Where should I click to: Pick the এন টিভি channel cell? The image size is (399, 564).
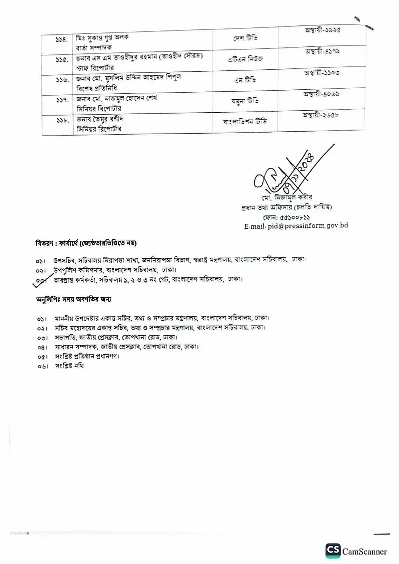point(245,80)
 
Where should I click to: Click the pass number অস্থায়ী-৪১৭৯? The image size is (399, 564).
point(322,52)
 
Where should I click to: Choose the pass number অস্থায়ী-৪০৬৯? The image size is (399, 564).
point(322,94)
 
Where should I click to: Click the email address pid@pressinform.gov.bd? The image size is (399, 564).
point(296,226)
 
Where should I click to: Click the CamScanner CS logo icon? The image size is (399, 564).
point(333,551)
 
